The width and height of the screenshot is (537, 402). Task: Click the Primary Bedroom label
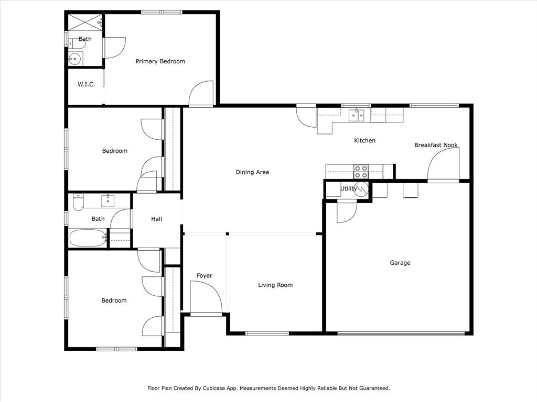coord(160,61)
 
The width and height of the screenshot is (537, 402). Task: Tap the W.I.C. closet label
coord(86,84)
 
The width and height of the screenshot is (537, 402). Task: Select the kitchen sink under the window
coord(358,115)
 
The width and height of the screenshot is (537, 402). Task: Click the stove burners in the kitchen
coord(361,172)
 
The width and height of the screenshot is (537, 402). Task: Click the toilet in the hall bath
coord(78,202)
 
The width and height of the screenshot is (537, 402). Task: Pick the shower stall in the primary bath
coord(84,23)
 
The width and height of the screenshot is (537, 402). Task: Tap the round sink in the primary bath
coord(76,59)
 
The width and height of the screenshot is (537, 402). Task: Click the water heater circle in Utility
coord(361,189)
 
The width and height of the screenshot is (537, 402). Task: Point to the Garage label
coord(400,263)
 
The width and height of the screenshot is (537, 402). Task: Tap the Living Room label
coord(275,285)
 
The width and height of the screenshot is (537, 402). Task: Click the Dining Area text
coord(252,172)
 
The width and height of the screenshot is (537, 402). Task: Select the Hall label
coord(156,219)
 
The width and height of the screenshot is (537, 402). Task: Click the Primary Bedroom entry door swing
coord(201,93)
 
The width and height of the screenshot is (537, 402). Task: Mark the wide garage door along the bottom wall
coord(401,332)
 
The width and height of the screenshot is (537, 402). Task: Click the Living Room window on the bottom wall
coord(267,333)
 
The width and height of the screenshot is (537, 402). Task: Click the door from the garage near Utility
coord(346,211)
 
